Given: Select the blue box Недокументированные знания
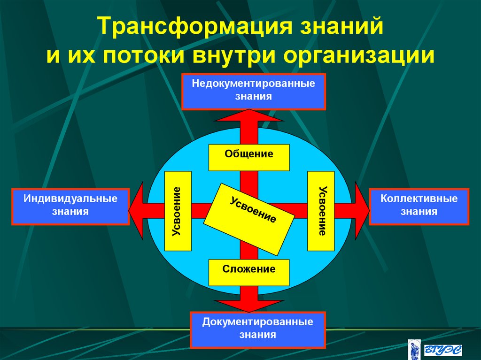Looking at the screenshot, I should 254,91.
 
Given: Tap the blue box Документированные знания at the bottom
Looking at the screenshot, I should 257,329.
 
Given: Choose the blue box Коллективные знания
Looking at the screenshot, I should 419,206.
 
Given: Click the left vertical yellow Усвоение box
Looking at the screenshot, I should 178,211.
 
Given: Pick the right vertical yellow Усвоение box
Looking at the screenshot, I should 321,211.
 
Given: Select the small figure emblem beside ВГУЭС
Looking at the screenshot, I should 415,349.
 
